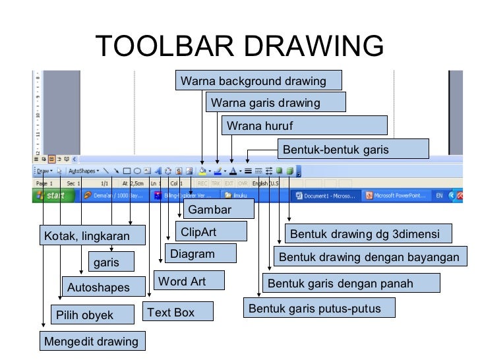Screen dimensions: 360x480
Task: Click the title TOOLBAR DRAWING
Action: point(239,46)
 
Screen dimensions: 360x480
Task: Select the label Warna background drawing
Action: point(258,81)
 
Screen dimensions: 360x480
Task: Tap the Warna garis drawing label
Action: point(276,103)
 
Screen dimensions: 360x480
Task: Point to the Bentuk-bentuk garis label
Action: point(353,150)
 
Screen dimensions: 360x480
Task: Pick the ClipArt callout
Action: point(211,232)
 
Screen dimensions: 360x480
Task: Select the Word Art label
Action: point(189,281)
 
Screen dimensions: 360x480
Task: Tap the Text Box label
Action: point(178,312)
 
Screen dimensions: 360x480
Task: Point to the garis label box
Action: point(111,262)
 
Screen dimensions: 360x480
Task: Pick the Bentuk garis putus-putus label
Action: point(320,308)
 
